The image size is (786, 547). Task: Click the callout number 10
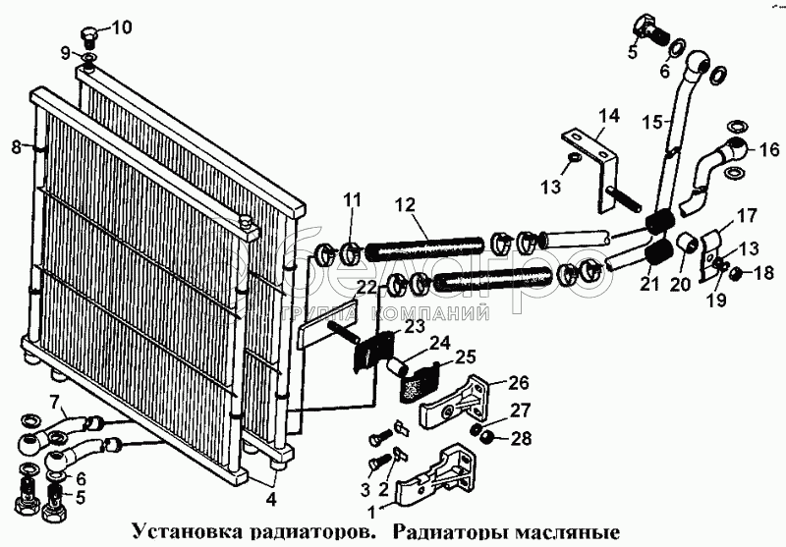point(119,27)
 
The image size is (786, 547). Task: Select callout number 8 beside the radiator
point(15,148)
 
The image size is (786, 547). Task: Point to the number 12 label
point(404,205)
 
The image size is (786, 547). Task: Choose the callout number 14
point(610,116)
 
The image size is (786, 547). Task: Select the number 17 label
point(748,214)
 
